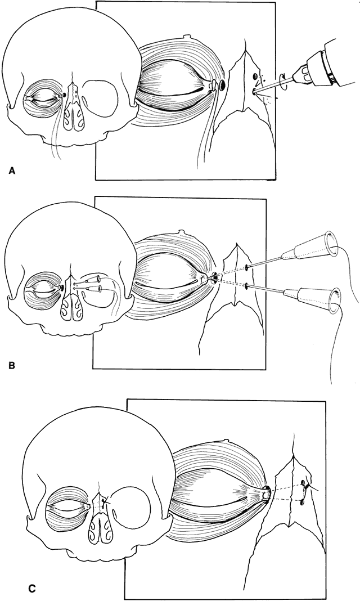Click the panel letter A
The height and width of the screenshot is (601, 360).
[12, 171]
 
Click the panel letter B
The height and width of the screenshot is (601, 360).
[11, 365]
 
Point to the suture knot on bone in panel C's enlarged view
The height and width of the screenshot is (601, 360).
[305, 487]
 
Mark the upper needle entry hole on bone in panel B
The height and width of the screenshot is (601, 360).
[247, 267]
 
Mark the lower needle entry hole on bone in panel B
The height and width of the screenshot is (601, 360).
[247, 285]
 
